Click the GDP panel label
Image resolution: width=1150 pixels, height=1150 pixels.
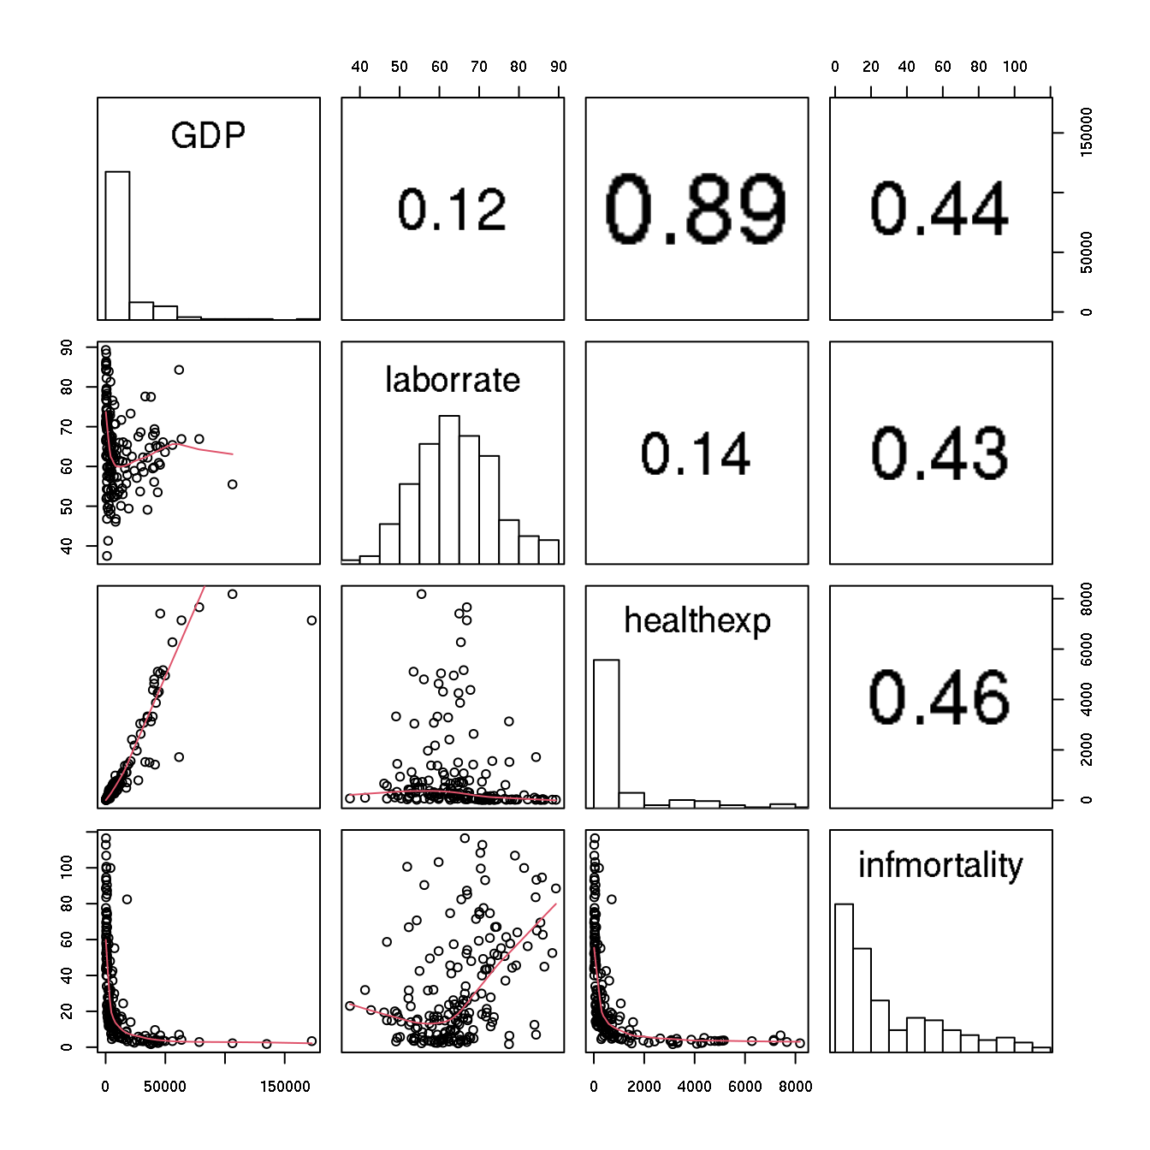[x=208, y=135]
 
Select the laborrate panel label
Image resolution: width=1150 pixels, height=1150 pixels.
[x=453, y=380]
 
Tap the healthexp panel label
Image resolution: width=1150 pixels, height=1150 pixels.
[x=697, y=621]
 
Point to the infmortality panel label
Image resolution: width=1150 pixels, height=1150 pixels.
[x=940, y=866]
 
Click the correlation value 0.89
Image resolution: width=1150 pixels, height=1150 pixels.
[x=696, y=209]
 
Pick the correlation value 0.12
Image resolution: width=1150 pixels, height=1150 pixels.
[x=453, y=210]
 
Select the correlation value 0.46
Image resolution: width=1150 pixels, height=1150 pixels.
[x=940, y=697]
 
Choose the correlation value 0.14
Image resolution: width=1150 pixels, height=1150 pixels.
[x=696, y=453]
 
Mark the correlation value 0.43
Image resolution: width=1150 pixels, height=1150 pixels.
[x=940, y=453]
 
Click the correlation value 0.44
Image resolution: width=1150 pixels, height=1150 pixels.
[x=940, y=210]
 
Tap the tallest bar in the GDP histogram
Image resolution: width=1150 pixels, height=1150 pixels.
[x=117, y=246]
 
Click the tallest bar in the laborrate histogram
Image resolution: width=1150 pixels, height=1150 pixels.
[x=449, y=489]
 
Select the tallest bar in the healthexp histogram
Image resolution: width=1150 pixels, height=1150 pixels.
[x=606, y=733]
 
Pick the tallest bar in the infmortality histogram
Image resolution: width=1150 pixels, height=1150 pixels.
[x=844, y=977]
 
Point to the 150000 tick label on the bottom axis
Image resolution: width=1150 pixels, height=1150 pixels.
[x=285, y=1087]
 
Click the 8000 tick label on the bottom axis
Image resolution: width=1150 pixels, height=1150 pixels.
[x=796, y=1087]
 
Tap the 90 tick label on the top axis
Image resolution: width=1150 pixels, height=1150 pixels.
[x=559, y=67]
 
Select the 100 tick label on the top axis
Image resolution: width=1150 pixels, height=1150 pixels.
[x=1015, y=67]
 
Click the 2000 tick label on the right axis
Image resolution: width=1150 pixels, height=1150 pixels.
[x=1087, y=750]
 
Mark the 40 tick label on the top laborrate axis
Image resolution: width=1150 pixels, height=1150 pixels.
[x=360, y=67]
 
